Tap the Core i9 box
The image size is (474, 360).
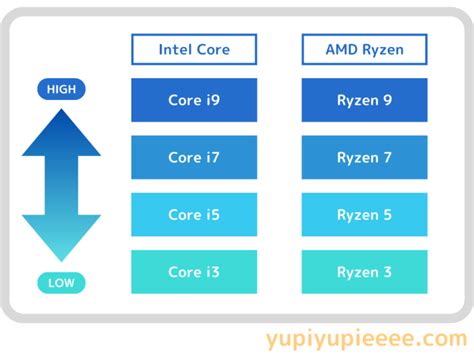pyautogui.click(x=194, y=100)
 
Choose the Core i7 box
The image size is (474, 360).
pyautogui.click(x=194, y=157)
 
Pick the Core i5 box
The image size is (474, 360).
pyautogui.click(x=194, y=215)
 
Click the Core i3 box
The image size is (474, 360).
pyautogui.click(x=194, y=272)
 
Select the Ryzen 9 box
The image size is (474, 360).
pyautogui.click(x=364, y=100)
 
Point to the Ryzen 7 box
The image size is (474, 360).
pyautogui.click(x=364, y=157)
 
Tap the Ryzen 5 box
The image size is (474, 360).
pyautogui.click(x=364, y=215)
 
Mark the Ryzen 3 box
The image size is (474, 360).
pyautogui.click(x=364, y=272)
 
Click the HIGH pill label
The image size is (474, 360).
pyautogui.click(x=61, y=89)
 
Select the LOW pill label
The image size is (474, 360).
pyautogui.click(x=61, y=283)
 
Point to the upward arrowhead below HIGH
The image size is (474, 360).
pyautogui.click(x=61, y=133)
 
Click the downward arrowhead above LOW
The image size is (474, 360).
pyautogui.click(x=61, y=237)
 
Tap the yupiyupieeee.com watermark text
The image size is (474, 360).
pyautogui.click(x=367, y=340)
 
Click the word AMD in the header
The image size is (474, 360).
pyautogui.click(x=341, y=49)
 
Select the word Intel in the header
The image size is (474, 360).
pyautogui.click(x=175, y=49)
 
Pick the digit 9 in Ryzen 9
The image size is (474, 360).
pyautogui.click(x=387, y=100)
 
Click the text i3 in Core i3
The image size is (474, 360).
pyautogui.click(x=213, y=272)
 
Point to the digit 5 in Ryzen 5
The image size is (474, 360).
pyautogui.click(x=387, y=215)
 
